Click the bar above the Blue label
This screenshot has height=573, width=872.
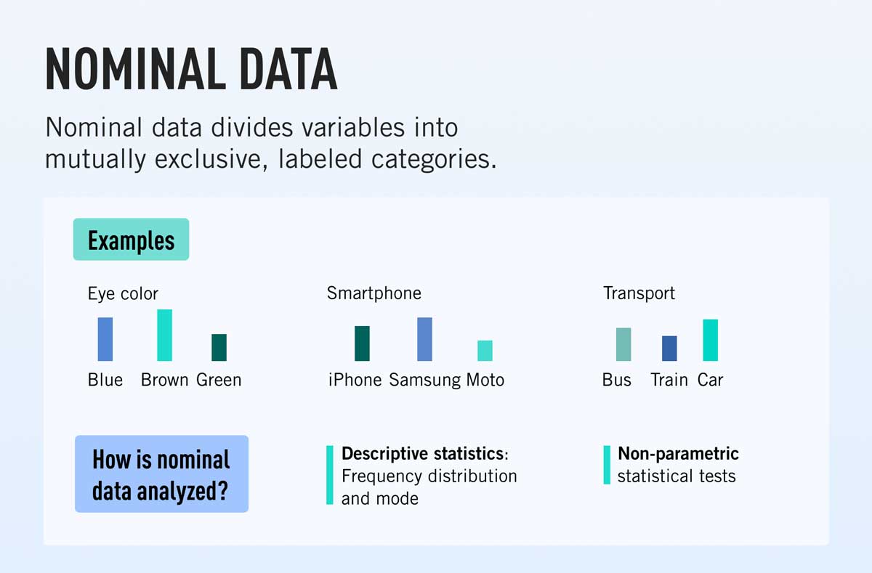click(x=105, y=339)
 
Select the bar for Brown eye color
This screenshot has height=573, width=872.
click(x=165, y=335)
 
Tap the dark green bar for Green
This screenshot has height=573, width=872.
click(x=219, y=347)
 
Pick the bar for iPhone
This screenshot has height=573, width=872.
click(x=362, y=344)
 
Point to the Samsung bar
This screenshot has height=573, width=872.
click(x=424, y=339)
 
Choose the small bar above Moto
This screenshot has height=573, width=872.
click(x=485, y=351)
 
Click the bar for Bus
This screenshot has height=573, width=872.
click(x=623, y=344)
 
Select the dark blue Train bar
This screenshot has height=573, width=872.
click(x=669, y=349)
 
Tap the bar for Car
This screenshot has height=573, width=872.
click(x=710, y=340)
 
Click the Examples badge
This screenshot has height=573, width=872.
click(x=131, y=240)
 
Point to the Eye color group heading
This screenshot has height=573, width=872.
click(x=123, y=294)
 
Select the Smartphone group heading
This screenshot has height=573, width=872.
click(x=374, y=293)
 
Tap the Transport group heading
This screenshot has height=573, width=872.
click(x=639, y=293)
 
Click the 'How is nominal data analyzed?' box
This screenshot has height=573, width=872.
click(x=161, y=474)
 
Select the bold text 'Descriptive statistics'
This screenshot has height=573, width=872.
click(x=422, y=454)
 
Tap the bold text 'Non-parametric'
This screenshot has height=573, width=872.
click(x=678, y=454)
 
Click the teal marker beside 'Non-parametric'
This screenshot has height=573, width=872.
click(x=607, y=465)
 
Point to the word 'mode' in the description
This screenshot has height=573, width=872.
click(x=399, y=499)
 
